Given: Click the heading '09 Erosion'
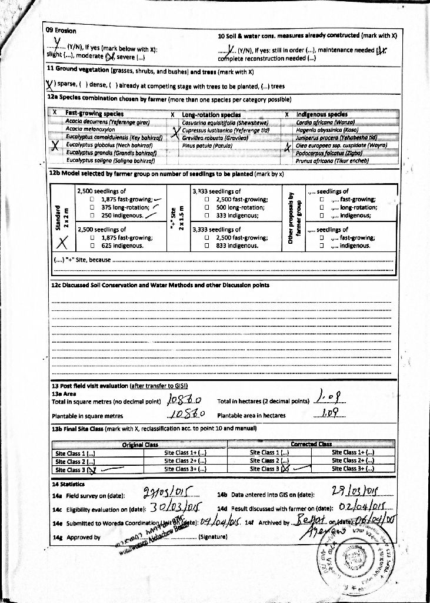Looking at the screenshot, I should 61,31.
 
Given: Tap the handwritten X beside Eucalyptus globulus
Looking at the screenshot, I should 55,147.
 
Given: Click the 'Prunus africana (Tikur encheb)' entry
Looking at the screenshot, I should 332,160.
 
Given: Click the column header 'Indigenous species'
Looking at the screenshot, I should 322,114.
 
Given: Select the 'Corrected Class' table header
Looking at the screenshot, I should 311,444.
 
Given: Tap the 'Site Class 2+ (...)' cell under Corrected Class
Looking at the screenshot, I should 353,460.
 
